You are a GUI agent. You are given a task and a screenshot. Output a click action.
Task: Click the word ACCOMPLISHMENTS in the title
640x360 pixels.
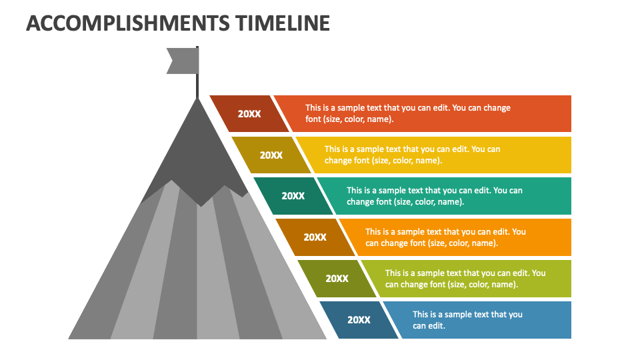tap(128, 23)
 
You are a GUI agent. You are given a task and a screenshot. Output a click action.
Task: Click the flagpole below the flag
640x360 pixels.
tap(197, 85)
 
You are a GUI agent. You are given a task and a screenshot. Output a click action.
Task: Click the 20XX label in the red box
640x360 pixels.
tap(249, 114)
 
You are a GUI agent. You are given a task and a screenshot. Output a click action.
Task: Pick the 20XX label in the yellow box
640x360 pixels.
tap(271, 155)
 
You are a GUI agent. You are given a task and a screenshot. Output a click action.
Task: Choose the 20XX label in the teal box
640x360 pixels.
tap(293, 196)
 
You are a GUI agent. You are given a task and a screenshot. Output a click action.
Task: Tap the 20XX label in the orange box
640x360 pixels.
tap(315, 237)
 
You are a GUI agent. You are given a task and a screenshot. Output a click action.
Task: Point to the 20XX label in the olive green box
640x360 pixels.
tap(337, 279)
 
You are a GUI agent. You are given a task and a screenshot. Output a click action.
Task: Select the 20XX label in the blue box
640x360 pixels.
tap(359, 320)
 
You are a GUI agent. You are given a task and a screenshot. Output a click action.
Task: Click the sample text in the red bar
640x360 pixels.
tap(408, 113)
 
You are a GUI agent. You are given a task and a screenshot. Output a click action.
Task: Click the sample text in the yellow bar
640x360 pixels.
tap(412, 155)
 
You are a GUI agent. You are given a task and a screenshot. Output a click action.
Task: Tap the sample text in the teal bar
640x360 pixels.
tap(434, 196)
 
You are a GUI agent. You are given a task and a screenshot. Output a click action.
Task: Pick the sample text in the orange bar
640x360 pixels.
tap(445, 237)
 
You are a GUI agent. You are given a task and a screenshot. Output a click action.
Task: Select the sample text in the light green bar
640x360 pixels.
tap(465, 279)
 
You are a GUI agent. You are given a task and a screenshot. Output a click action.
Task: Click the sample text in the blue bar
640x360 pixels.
tap(467, 320)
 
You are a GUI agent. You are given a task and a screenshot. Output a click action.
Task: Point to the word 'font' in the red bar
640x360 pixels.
tap(313, 120)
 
